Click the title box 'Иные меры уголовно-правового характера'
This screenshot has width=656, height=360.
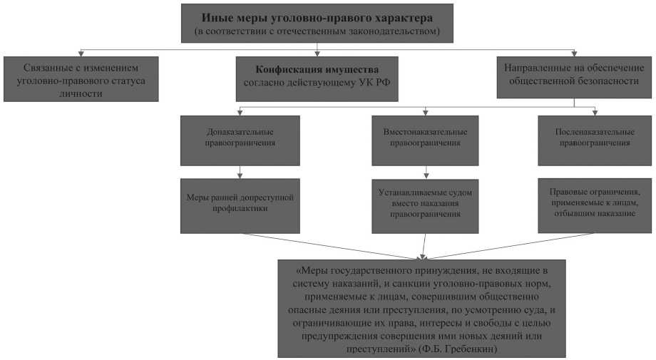pyautogui.click(x=317, y=23)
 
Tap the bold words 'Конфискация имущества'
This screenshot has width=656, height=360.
pyautogui.click(x=317, y=69)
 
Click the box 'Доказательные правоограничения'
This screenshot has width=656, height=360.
pyautogui.click(x=240, y=138)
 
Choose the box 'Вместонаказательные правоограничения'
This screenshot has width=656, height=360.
pyautogui.click(x=425, y=138)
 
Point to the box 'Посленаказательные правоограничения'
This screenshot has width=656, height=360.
pyautogui.click(x=595, y=138)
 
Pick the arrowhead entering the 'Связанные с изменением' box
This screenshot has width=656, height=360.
pyautogui.click(x=80, y=53)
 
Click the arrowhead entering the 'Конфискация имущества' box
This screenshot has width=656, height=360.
pyautogui.click(x=317, y=53)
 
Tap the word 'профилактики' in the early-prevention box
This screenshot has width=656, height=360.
pyautogui.click(x=240, y=208)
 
